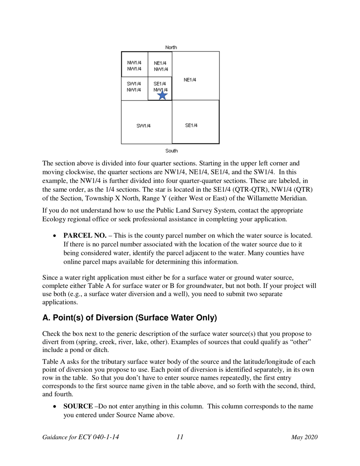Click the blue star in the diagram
[162, 95]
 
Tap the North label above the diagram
[171, 47]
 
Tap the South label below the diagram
[171, 151]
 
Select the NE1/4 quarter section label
[190, 80]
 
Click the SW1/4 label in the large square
[144, 126]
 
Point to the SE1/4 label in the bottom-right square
[191, 125]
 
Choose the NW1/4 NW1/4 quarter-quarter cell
[134, 66]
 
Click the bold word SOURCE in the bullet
[78, 406]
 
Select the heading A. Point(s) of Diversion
[130, 318]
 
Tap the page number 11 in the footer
[180, 437]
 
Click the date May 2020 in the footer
[304, 437]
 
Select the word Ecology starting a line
[53, 219]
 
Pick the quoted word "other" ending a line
[301, 342]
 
